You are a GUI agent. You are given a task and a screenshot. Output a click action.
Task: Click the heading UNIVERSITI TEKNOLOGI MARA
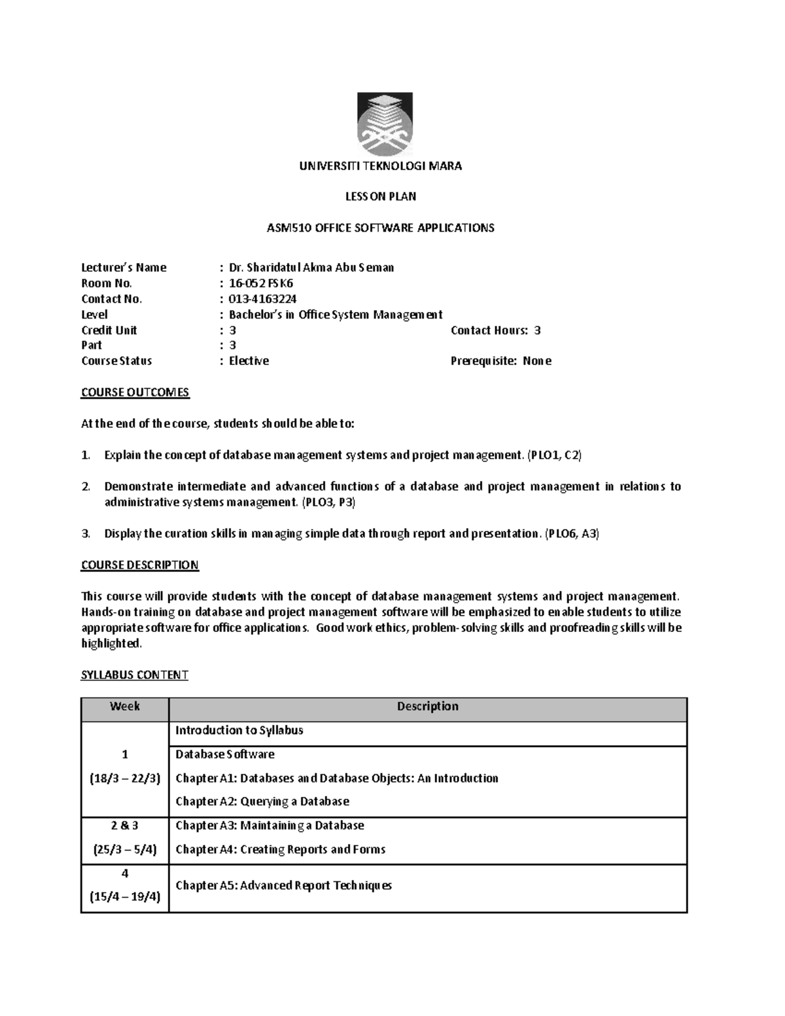coord(381,166)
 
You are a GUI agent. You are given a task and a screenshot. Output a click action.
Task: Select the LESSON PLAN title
coord(381,196)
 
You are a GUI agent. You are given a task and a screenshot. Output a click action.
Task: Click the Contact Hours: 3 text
coord(495,330)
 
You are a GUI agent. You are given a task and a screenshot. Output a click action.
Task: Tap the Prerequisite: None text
coord(500,361)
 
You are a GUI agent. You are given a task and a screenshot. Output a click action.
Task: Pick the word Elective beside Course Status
coord(249,361)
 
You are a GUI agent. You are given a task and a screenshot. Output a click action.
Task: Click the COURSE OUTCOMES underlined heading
coord(135,393)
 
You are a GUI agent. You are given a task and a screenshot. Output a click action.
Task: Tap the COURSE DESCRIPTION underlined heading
coord(139,565)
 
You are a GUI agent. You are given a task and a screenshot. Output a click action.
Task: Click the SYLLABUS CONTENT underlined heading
coord(134,675)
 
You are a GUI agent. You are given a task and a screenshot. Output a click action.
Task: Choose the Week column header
coord(125,707)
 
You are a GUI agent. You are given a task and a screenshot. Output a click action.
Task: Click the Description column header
coord(428,707)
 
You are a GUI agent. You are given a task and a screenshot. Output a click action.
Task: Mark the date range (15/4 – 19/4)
coord(125,897)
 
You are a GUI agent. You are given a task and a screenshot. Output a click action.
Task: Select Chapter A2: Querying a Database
coord(262,801)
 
